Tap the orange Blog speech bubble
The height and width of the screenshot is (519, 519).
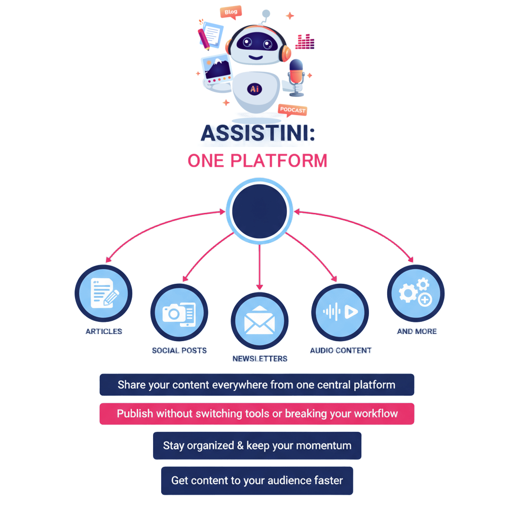tap(231, 12)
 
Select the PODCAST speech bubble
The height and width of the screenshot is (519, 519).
tap(292, 110)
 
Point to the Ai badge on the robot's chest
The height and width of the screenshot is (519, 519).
tap(254, 89)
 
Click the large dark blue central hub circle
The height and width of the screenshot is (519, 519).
tap(259, 209)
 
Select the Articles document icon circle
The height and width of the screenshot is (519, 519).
tap(103, 293)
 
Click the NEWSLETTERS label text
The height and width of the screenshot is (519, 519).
tap(259, 359)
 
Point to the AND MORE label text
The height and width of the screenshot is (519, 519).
tap(417, 331)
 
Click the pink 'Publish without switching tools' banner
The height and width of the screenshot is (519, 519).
tap(257, 414)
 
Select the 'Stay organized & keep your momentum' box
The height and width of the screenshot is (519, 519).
tap(257, 446)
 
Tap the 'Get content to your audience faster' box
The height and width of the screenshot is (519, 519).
tap(257, 480)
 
